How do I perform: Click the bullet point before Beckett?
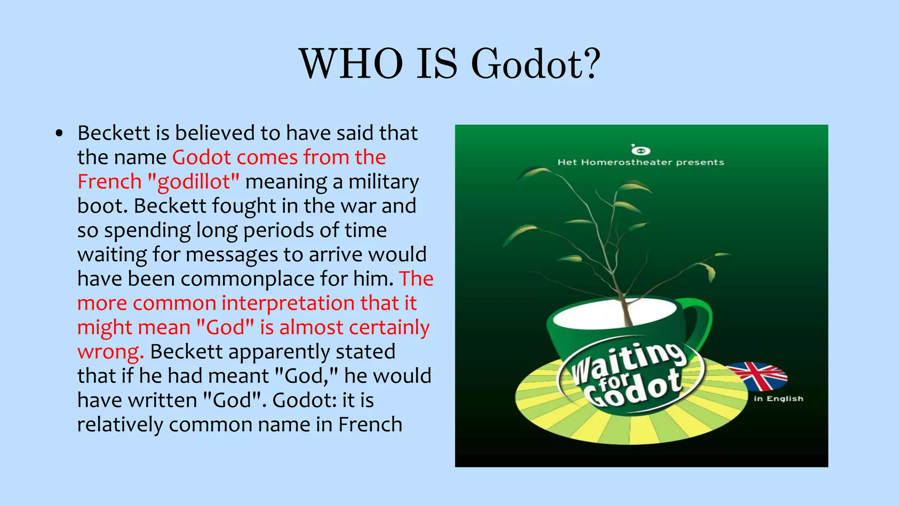click(x=60, y=134)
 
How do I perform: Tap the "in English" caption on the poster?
click(x=778, y=399)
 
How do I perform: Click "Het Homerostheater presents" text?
click(x=640, y=163)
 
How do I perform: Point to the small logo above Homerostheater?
click(x=640, y=150)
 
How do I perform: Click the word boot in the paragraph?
click(x=102, y=206)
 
